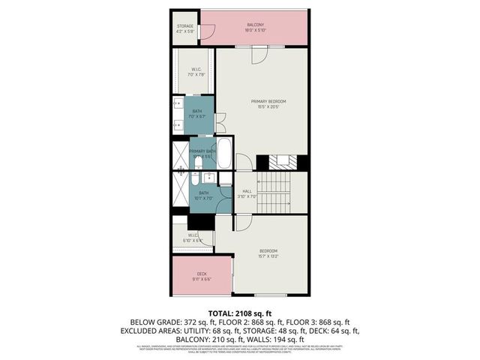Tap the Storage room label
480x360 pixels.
[x=184, y=28]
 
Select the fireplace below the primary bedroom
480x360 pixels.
[x=283, y=160]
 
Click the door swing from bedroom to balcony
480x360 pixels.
[x=258, y=54]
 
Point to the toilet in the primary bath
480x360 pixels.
[x=197, y=163]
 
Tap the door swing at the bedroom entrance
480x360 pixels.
[x=244, y=223]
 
